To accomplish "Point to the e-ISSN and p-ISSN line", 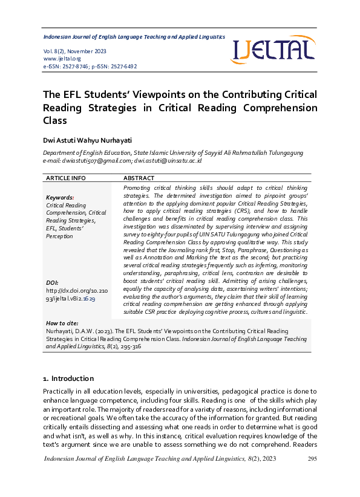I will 90,67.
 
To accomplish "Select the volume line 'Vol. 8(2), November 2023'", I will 75,51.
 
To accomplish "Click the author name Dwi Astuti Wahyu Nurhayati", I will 87,140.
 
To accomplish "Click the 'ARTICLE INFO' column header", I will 66,178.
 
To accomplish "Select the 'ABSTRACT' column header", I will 139,178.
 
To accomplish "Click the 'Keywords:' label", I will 60,198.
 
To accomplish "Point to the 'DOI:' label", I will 52,283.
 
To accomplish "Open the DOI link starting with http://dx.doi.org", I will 70,294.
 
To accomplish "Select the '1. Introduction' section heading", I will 68,378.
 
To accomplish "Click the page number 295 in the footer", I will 312,460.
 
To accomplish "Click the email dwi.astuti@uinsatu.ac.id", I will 168,161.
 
